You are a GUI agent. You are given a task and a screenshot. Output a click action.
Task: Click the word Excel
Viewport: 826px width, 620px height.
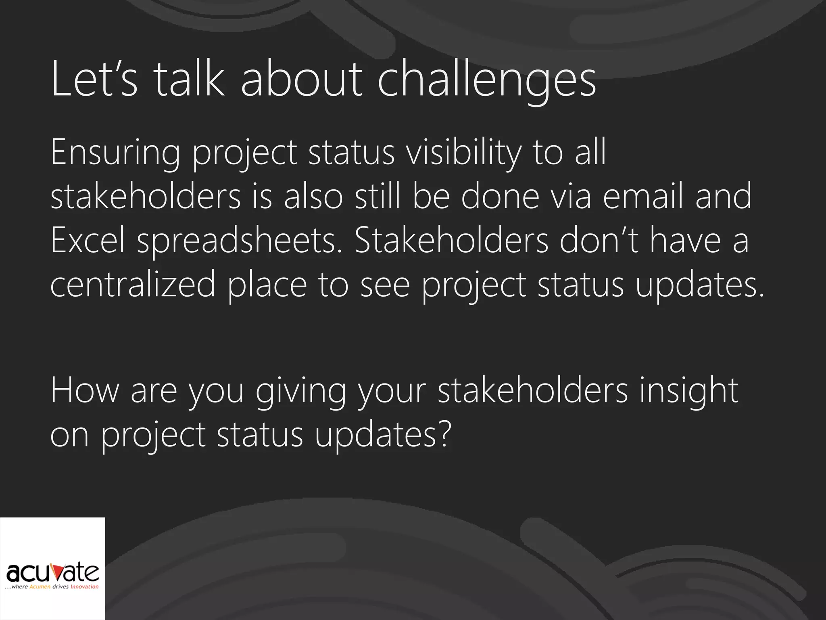tap(88, 240)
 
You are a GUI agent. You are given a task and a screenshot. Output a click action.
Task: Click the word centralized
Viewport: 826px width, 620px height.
tap(133, 284)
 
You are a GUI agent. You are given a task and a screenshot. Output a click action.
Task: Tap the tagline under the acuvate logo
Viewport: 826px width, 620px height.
tap(52, 587)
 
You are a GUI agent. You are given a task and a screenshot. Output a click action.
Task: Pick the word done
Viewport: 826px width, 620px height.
tap(500, 196)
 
